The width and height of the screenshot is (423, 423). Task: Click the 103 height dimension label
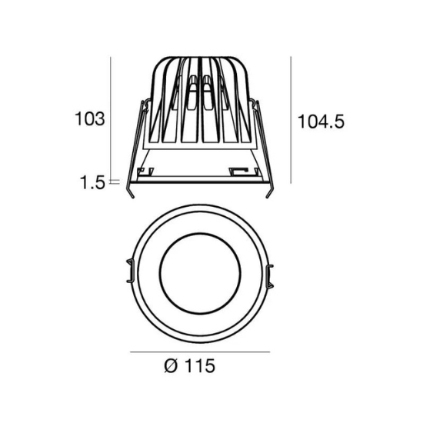click(89, 118)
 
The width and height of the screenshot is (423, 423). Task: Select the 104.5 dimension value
click(321, 122)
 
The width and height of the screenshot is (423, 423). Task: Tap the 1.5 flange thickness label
click(92, 182)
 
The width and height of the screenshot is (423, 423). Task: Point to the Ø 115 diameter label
click(190, 366)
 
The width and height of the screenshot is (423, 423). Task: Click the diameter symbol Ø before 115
click(171, 366)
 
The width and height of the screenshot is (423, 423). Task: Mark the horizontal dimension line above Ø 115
click(200, 351)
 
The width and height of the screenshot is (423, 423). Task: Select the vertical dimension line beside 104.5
click(291, 120)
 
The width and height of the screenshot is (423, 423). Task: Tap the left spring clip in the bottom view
click(130, 271)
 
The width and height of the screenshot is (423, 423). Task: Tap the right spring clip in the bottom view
click(270, 276)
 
